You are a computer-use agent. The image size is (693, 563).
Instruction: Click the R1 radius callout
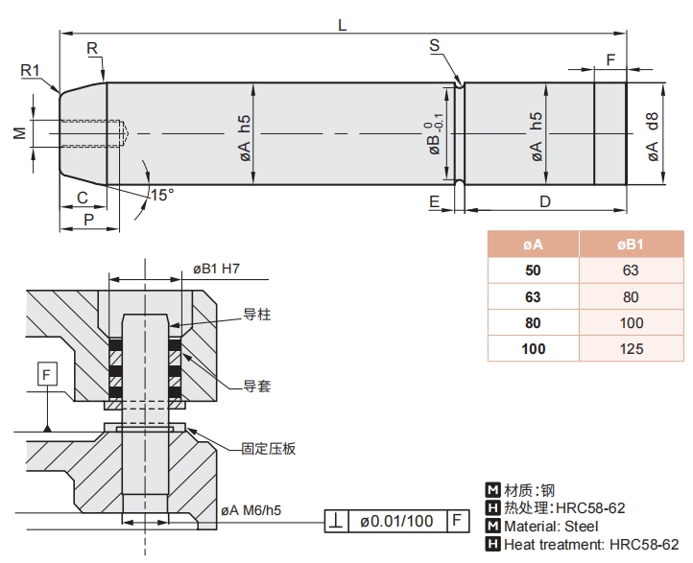click(x=29, y=69)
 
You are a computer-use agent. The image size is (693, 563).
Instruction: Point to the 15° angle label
click(x=162, y=195)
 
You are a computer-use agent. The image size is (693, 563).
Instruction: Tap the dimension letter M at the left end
click(x=19, y=133)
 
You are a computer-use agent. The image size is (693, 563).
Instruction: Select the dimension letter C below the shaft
click(x=83, y=198)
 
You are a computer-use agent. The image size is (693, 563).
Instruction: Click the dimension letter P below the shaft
click(x=89, y=219)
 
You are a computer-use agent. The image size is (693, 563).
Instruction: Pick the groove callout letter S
click(x=435, y=47)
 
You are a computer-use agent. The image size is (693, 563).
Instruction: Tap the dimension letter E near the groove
click(x=435, y=201)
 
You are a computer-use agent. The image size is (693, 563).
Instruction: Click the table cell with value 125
click(x=632, y=348)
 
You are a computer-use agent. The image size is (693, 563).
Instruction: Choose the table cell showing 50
click(x=534, y=270)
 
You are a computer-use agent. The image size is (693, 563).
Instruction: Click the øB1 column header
click(x=632, y=245)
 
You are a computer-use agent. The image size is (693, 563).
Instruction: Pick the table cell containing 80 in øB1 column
click(x=632, y=296)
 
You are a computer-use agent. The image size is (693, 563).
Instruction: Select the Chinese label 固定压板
click(x=268, y=448)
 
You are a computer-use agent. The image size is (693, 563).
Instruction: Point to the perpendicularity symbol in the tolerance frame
click(x=336, y=521)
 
